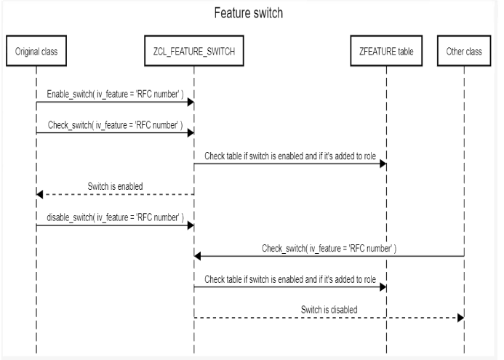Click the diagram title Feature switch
pos(247,14)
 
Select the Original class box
pos(36,52)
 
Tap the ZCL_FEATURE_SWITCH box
pos(193,52)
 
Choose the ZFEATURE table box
pos(386,52)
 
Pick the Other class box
pos(464,52)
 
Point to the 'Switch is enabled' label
pos(116,186)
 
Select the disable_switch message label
pos(114,217)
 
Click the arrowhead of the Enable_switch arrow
pos(190,103)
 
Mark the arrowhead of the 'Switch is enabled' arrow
pos(41,194)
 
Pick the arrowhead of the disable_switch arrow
pos(190,225)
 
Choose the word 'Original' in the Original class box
pos(28,52)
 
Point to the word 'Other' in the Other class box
pos(455,52)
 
